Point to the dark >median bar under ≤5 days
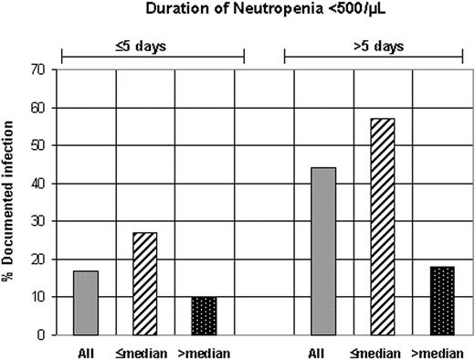click(205, 316)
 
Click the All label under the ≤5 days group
click(86, 352)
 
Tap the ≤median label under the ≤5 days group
click(145, 352)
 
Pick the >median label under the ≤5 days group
click(205, 352)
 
